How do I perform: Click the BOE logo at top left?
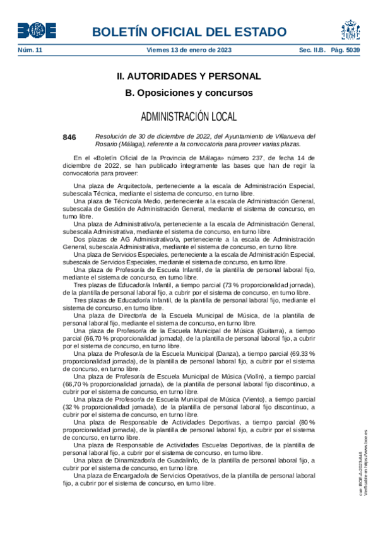pos(36,30)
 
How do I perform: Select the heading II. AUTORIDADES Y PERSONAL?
pos(189,76)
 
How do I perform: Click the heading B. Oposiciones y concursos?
pos(189,93)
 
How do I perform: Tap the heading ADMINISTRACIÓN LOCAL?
pos(189,117)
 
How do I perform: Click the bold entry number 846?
pos(69,137)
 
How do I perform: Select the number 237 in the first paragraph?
pos(239,158)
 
